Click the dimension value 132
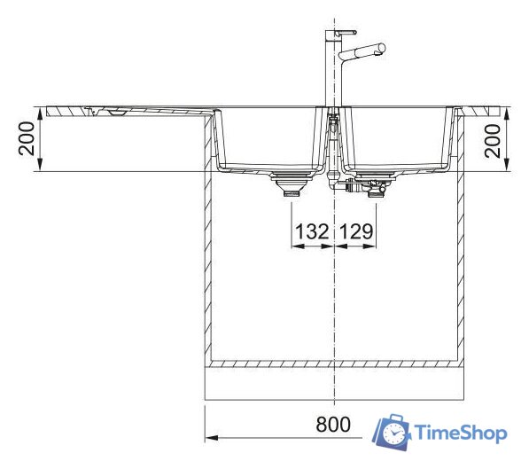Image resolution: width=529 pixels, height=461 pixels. click(312, 232)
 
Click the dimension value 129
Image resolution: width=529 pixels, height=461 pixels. click(356, 232)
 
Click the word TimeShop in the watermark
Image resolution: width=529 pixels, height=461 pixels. click(461, 433)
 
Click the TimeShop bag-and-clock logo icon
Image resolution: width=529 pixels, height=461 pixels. click(392, 431)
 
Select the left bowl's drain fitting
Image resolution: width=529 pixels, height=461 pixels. click(289, 184)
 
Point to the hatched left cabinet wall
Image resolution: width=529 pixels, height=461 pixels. click(210, 266)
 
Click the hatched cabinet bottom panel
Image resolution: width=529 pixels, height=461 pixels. click(334, 363)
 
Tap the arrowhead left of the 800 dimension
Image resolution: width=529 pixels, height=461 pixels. click(213, 437)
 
